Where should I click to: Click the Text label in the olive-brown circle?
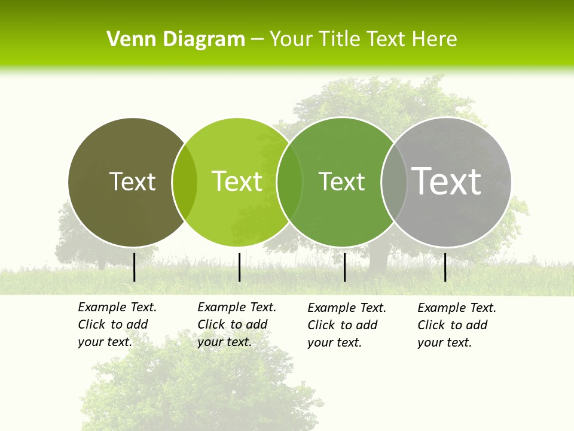[x=132, y=181]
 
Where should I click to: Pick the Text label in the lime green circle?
[x=237, y=181]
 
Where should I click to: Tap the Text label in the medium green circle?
[x=342, y=181]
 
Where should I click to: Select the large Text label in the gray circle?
[x=447, y=181]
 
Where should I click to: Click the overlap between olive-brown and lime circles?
[x=185, y=182]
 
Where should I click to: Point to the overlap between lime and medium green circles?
[x=289, y=182]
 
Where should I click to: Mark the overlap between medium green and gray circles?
[x=394, y=182]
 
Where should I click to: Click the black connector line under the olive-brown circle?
[x=135, y=267]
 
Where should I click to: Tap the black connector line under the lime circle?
[x=239, y=267]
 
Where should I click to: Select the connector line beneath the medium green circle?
[x=344, y=267]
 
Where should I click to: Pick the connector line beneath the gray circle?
[x=445, y=267]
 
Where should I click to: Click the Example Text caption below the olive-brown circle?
[x=117, y=324]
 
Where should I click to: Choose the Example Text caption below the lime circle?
[x=237, y=324]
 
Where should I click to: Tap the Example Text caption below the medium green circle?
[x=347, y=325]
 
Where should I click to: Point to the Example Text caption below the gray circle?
[x=457, y=325]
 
